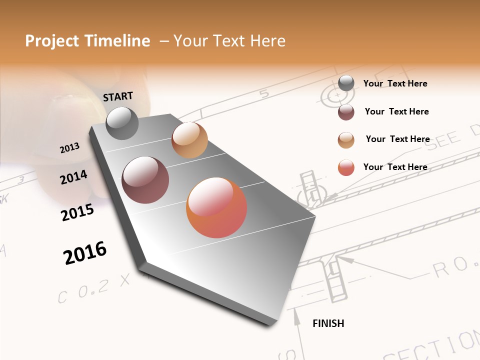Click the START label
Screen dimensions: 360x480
[x=118, y=96]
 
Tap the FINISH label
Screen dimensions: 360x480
[x=328, y=323]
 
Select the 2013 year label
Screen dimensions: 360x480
[x=69, y=147]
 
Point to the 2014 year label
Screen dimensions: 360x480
[x=73, y=177]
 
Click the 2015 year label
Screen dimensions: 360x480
[x=77, y=212]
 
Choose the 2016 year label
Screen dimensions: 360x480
[x=85, y=253]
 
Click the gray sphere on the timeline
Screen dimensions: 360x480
[x=122, y=123]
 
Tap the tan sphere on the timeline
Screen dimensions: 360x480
[x=189, y=140]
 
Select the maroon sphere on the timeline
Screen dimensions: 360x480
[x=145, y=180]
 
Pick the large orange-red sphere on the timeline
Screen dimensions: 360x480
[x=216, y=207]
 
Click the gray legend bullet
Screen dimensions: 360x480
[x=346, y=83]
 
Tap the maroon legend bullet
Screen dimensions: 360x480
[x=346, y=112]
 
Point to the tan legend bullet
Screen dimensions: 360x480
[x=346, y=139]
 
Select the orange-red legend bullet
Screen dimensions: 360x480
[x=346, y=167]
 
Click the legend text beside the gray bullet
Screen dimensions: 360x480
[x=395, y=83]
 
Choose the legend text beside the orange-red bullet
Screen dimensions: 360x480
[x=395, y=167]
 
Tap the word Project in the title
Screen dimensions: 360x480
[x=52, y=41]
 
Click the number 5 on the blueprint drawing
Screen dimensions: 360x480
[x=264, y=93]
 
